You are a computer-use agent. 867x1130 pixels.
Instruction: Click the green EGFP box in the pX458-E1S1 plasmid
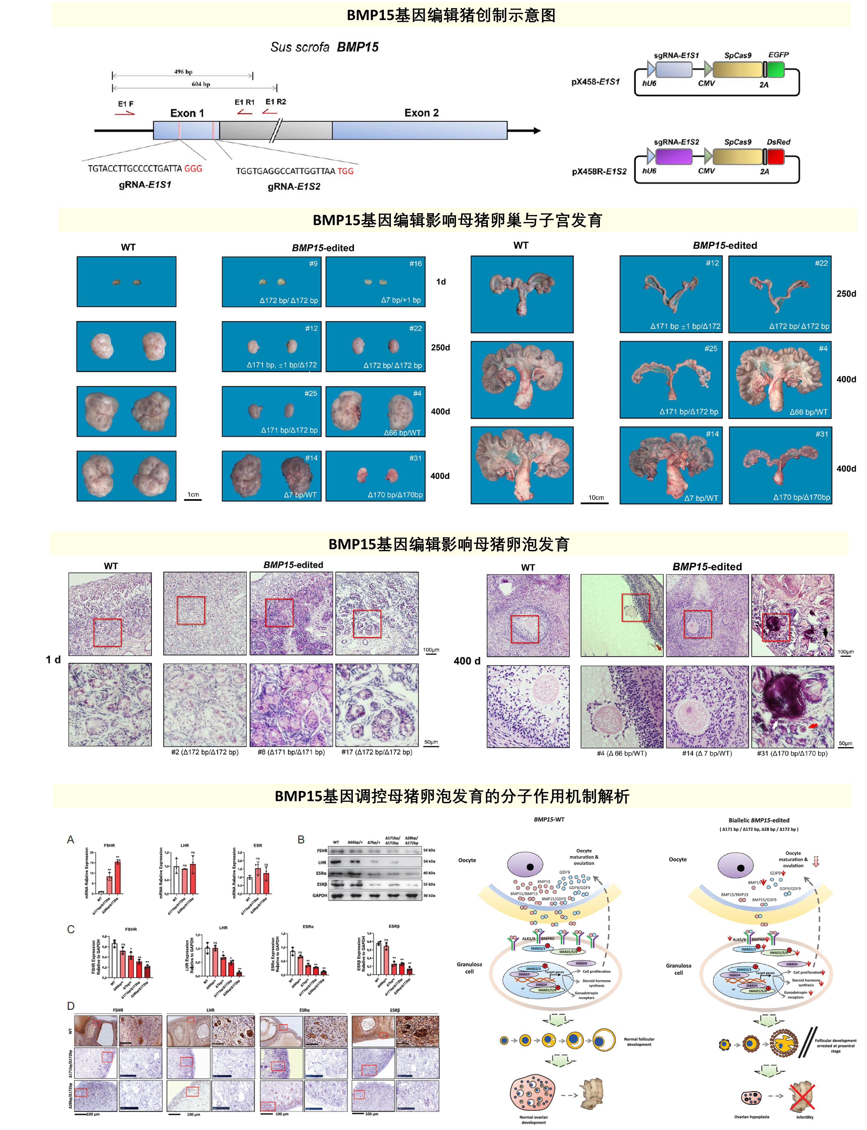(x=776, y=69)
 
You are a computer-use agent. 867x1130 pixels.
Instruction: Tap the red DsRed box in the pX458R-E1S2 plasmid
(x=776, y=156)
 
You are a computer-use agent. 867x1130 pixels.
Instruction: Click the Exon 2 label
(x=421, y=113)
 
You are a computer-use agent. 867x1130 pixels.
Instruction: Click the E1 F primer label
(x=125, y=104)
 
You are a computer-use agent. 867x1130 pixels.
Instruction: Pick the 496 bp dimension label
(x=183, y=72)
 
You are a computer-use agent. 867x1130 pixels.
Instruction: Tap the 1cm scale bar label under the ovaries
(x=193, y=495)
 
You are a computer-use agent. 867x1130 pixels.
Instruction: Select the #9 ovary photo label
(x=313, y=264)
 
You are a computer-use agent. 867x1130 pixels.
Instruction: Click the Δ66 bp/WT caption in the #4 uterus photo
(x=808, y=412)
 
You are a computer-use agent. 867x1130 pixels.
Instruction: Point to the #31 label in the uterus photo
(x=821, y=434)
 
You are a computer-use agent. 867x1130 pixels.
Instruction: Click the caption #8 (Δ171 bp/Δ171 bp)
(x=291, y=752)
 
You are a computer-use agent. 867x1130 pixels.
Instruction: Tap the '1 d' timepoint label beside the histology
(x=53, y=660)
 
